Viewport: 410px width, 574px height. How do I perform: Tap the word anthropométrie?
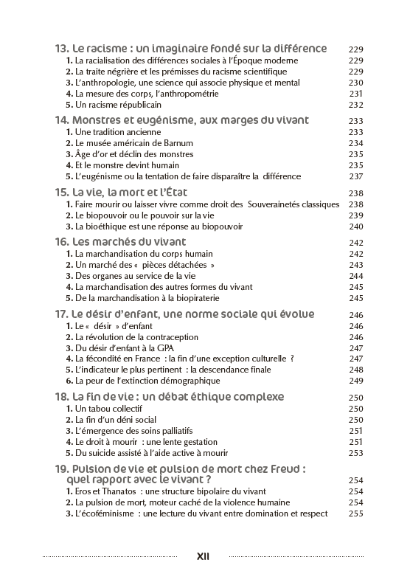205,94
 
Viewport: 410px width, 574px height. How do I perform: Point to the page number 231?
356,94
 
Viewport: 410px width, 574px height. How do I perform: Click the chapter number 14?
61,120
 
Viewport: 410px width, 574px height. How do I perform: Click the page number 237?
356,176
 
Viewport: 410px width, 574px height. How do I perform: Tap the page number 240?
356,227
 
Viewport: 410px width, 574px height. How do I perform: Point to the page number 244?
356,276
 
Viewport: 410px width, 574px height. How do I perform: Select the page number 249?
356,381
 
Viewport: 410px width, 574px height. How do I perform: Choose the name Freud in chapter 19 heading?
287,468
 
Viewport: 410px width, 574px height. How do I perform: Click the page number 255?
356,514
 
